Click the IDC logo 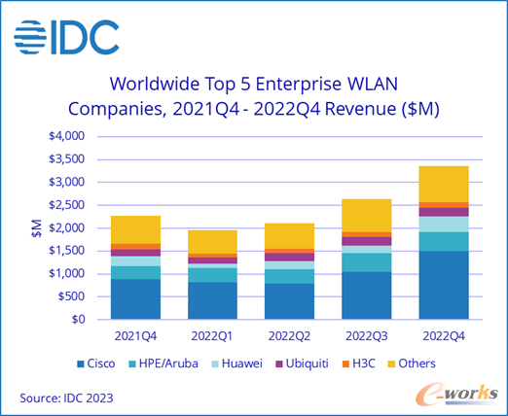[x=66, y=37]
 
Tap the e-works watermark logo [x=456, y=394]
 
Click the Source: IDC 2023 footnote [x=66, y=398]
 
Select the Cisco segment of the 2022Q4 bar [x=444, y=285]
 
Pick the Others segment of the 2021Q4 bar [x=135, y=229]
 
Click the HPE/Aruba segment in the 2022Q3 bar [x=367, y=262]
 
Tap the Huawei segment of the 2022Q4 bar [x=444, y=225]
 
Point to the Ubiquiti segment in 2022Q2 [x=289, y=258]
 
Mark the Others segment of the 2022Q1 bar [x=212, y=242]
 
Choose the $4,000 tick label [x=66, y=136]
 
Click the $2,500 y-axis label [x=66, y=205]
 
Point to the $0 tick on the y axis [x=78, y=320]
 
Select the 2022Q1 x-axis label [x=212, y=336]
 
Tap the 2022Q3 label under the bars [x=367, y=336]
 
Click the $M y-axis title [x=37, y=228]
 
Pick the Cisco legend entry [x=95, y=364]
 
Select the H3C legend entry [x=358, y=364]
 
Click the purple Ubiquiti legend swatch [x=279, y=364]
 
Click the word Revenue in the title [x=360, y=109]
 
